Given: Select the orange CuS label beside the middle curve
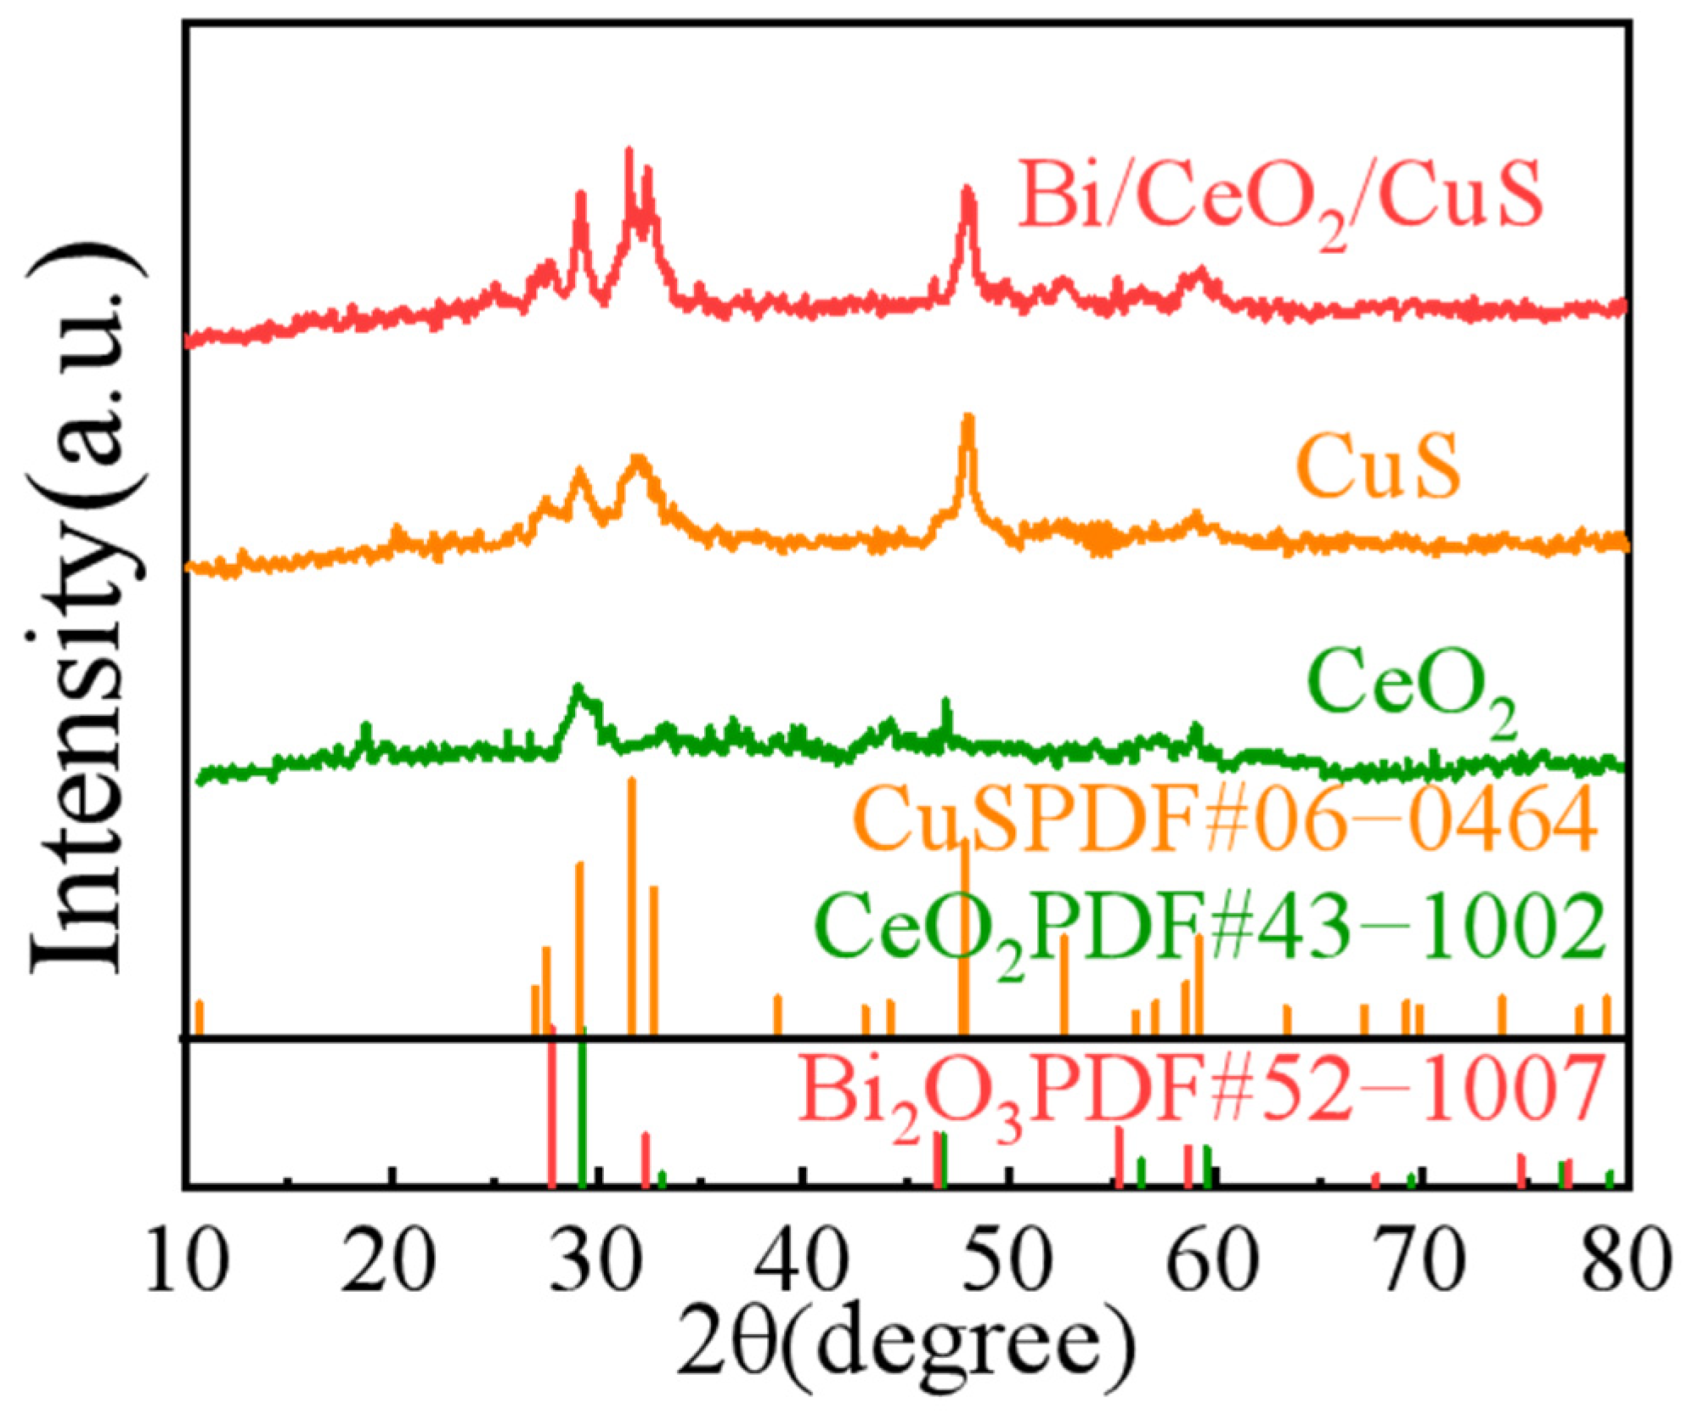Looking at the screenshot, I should (1377, 466).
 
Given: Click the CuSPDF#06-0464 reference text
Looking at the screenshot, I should (1227, 820).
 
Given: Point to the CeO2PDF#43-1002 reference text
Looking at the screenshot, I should (1210, 927).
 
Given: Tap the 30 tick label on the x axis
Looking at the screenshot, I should (596, 1261).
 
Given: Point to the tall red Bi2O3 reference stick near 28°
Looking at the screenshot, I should (552, 1108).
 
